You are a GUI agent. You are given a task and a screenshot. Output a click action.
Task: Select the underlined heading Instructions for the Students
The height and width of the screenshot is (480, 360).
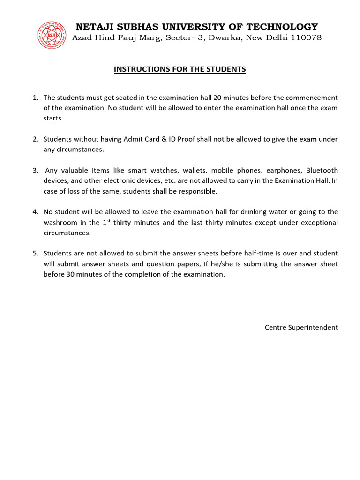point(180,69)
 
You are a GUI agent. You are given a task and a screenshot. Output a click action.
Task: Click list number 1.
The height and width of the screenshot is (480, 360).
point(35,97)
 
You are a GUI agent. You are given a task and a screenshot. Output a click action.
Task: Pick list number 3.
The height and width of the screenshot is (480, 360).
point(35,170)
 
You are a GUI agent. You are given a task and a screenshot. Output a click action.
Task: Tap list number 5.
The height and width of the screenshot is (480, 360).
point(35,253)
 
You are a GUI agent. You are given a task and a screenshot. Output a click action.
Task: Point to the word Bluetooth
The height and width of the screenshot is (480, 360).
point(322,170)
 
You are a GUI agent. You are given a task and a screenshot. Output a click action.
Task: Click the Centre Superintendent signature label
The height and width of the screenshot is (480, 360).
point(301,327)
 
